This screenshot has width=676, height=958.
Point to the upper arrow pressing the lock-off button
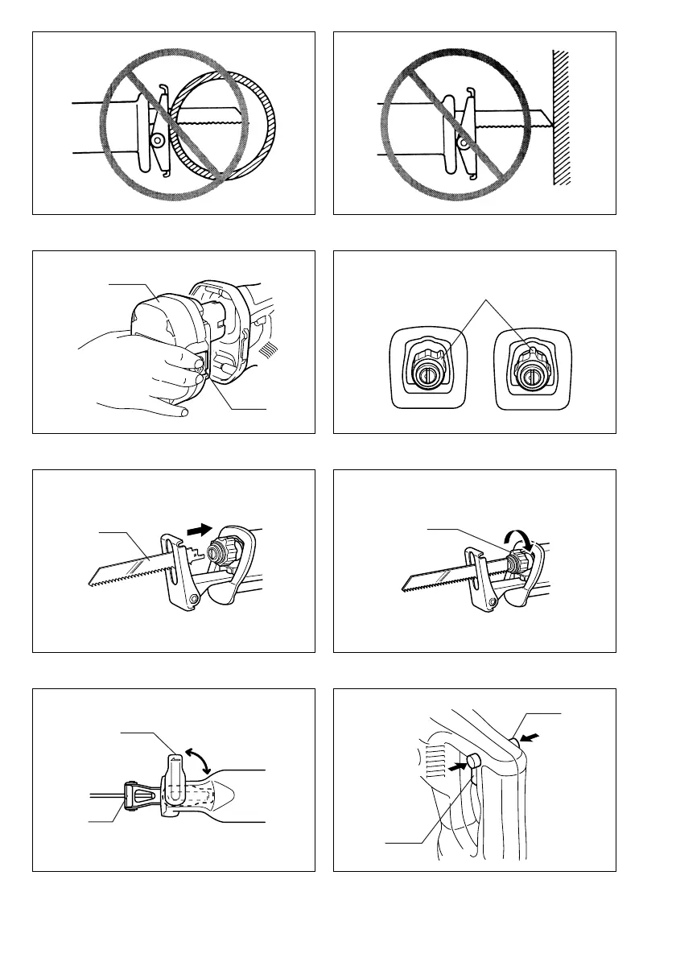530,736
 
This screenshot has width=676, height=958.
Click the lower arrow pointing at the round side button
457,767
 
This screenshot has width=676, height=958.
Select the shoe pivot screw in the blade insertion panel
194,599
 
